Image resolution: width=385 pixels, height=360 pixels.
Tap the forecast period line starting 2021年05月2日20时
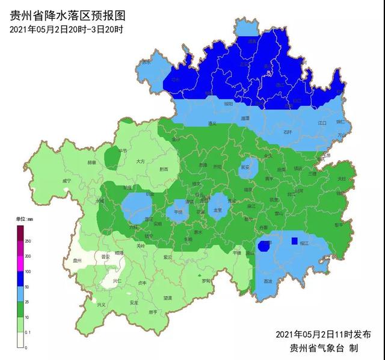click(66, 29)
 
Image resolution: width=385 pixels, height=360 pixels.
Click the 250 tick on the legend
click(28, 241)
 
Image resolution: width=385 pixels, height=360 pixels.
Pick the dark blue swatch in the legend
click(20, 279)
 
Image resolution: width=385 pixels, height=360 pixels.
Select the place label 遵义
click(211, 123)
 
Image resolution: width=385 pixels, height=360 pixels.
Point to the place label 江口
click(322, 123)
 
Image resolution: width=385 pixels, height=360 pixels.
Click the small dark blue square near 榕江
click(294, 241)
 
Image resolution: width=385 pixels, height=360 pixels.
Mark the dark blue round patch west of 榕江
click(263, 246)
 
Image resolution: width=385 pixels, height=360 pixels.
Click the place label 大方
click(140, 161)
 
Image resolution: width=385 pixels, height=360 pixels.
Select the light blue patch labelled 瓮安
click(245, 169)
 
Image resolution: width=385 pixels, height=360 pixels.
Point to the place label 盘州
click(76, 261)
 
